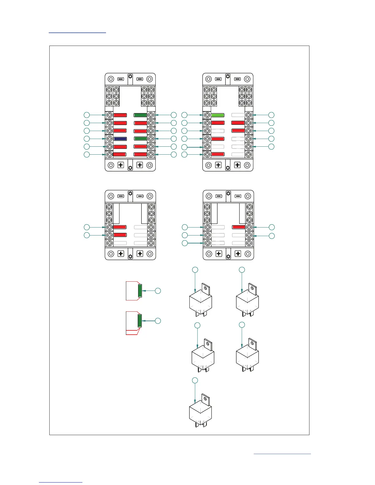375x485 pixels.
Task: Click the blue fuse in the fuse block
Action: coord(120,139)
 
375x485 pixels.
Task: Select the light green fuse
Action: coord(218,115)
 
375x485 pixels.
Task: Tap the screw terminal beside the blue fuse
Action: coord(109,139)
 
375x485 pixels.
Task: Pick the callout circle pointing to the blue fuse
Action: coord(87,139)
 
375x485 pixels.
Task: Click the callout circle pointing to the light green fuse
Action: coord(184,115)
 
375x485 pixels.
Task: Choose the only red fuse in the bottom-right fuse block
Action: coord(239,227)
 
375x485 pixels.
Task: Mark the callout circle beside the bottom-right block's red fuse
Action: coord(271,227)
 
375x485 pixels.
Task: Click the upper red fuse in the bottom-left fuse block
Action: coord(120,227)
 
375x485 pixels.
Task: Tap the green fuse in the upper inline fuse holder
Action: coord(140,291)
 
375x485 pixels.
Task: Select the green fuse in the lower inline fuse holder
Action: coord(140,321)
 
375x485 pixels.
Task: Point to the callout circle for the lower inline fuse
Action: coord(158,321)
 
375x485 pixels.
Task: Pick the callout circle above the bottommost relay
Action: coord(195,380)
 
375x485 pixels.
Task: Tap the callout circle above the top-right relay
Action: coord(242,269)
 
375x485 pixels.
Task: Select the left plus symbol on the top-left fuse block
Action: coord(121,165)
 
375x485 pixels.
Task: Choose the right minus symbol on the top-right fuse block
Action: coord(237,79)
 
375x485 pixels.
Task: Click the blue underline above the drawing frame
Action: coord(77,32)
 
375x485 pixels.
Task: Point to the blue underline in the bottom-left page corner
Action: coord(61,482)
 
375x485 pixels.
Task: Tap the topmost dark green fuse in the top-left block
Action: coord(140,115)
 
